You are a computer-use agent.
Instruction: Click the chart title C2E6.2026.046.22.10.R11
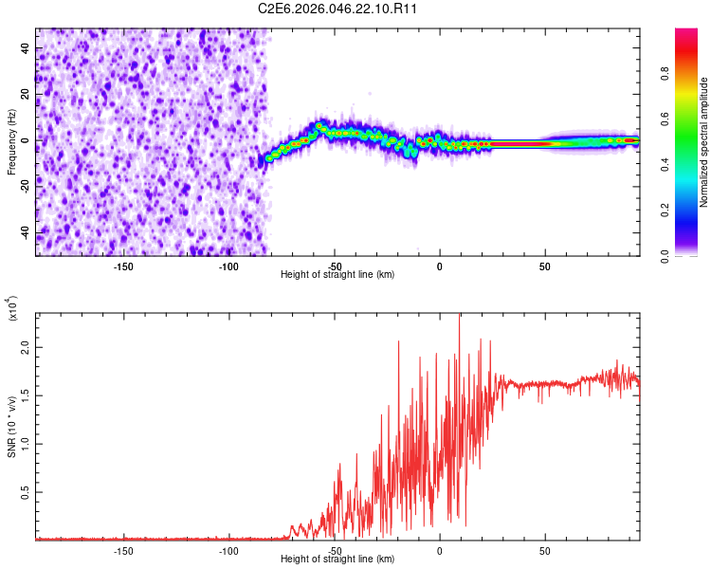coord(338,9)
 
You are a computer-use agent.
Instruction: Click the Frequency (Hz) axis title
coord(11,142)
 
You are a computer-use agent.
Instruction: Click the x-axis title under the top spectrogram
coord(337,275)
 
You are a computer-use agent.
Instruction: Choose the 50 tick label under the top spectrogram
coord(545,266)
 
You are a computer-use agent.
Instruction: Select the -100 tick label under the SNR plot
coord(228,550)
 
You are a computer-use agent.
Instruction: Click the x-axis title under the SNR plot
coord(337,560)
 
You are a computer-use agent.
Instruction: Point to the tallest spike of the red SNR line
coord(460,316)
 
